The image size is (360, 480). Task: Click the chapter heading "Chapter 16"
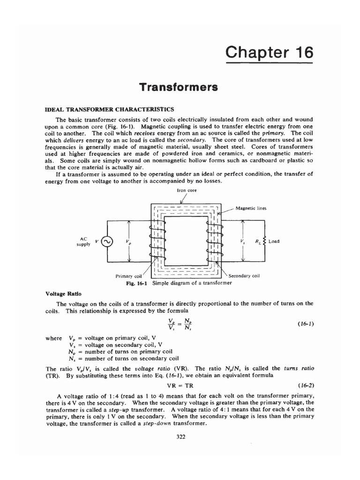[268, 52]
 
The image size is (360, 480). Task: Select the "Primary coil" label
[128, 276]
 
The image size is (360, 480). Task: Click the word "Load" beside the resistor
[274, 241]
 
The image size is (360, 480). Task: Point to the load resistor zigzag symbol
[265, 241]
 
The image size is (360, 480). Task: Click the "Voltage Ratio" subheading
[63, 294]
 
